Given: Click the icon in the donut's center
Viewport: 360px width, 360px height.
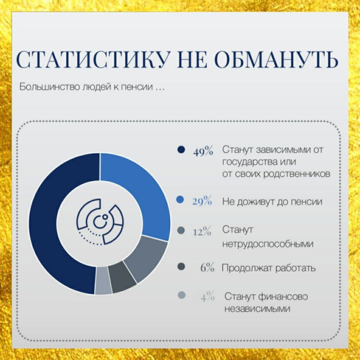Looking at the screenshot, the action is pos(100,222).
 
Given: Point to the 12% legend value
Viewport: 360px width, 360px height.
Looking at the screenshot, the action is pos(202,231).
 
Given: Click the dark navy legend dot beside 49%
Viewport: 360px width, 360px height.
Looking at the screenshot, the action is pos(181,150).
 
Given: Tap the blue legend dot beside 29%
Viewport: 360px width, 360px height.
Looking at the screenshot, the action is pos(180,199).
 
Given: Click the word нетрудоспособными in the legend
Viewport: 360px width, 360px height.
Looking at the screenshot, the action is pos(268,244).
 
